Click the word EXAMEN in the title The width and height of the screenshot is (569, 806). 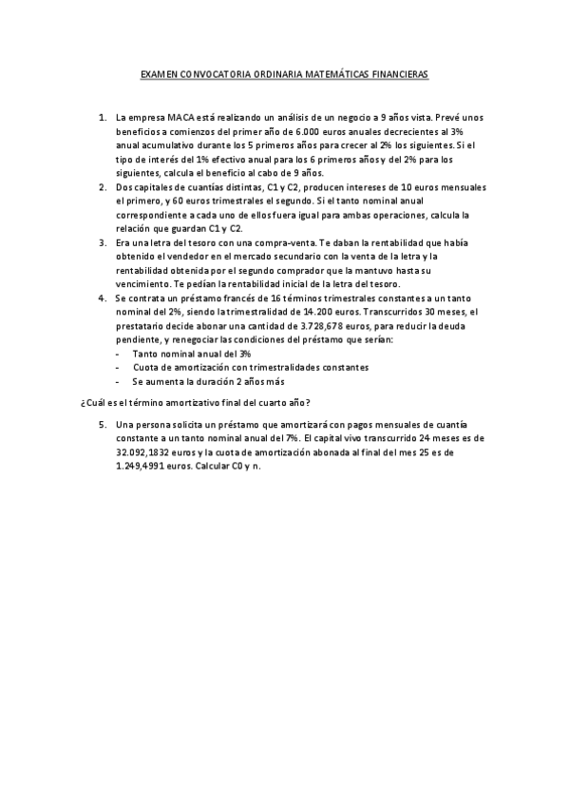160,73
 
